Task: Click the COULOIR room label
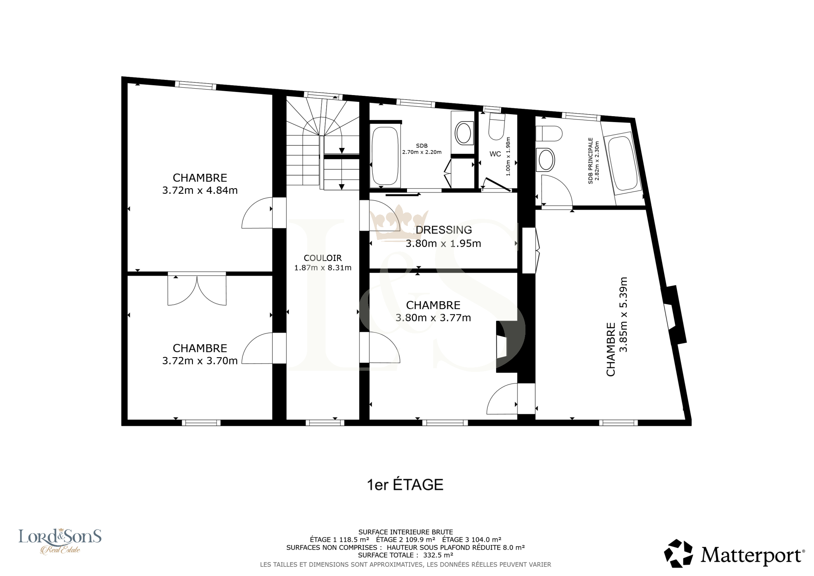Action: [x=323, y=258]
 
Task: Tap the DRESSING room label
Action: [x=444, y=230]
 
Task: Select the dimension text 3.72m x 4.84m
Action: [x=200, y=191]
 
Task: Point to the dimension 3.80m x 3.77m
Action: [x=433, y=318]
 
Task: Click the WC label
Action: [x=495, y=154]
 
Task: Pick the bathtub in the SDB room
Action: [x=385, y=156]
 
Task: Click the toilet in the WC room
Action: [x=497, y=127]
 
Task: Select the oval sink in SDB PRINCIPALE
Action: [x=545, y=160]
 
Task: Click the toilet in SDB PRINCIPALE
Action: [x=549, y=134]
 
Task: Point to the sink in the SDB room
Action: [x=463, y=133]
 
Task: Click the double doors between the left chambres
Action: [x=197, y=290]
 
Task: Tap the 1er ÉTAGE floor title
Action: [x=405, y=485]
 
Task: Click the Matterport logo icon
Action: [x=678, y=553]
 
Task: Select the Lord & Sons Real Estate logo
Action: [x=60, y=541]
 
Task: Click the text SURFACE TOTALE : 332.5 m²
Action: [x=405, y=555]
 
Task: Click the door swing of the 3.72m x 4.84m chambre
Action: [x=257, y=212]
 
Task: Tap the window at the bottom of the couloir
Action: [x=325, y=422]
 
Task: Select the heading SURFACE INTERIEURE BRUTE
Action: [x=405, y=532]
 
